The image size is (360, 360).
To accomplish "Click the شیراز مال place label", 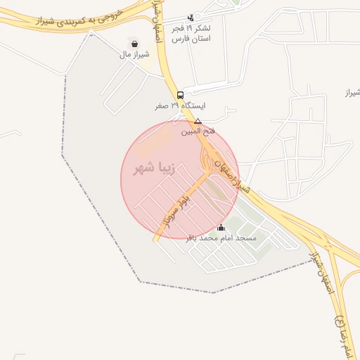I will (x=134, y=55).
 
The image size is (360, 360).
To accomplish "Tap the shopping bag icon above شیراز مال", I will (x=134, y=44).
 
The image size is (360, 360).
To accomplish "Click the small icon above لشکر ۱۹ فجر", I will (x=191, y=18).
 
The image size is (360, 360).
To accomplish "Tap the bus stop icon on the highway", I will (x=181, y=95).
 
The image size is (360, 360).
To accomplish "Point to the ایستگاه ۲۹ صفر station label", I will (x=181, y=106).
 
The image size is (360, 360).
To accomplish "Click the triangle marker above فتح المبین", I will (x=198, y=121).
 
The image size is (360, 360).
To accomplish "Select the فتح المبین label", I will (x=198, y=131).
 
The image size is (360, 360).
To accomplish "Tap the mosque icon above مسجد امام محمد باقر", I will (x=221, y=227).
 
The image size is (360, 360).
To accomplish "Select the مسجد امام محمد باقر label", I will (x=221, y=238).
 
